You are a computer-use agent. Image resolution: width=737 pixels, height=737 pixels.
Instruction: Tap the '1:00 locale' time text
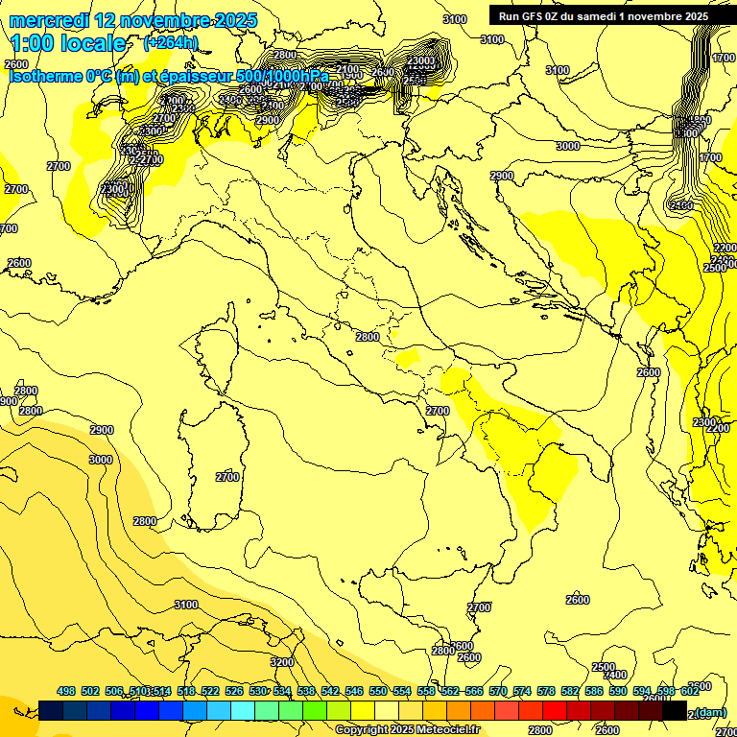[x=67, y=43]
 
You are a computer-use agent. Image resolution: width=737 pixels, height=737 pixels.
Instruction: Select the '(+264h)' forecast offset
[x=170, y=43]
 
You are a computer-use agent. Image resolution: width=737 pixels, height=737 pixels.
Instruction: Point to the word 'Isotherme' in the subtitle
[x=44, y=76]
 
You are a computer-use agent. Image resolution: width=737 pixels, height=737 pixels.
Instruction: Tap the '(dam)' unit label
[x=709, y=712]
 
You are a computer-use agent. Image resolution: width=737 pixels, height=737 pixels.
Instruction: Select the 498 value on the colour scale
[x=66, y=691]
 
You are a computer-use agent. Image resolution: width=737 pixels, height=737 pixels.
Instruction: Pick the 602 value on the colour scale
[x=690, y=691]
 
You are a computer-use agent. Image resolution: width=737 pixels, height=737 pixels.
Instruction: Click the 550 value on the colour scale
[x=378, y=691]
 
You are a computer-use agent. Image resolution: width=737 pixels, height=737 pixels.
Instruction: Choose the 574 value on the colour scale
[x=522, y=691]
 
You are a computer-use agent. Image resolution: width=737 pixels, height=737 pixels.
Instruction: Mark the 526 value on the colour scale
[x=234, y=691]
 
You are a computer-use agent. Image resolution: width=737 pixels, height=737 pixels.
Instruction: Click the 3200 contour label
[x=281, y=662]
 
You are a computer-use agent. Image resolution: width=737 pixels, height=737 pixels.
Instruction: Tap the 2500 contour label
[x=603, y=667]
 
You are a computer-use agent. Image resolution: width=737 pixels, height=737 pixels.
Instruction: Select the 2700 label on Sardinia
[x=227, y=477]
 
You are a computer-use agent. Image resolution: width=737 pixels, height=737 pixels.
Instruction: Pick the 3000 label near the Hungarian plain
[x=567, y=146]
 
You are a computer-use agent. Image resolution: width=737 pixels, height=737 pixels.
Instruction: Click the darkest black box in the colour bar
[x=675, y=710]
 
